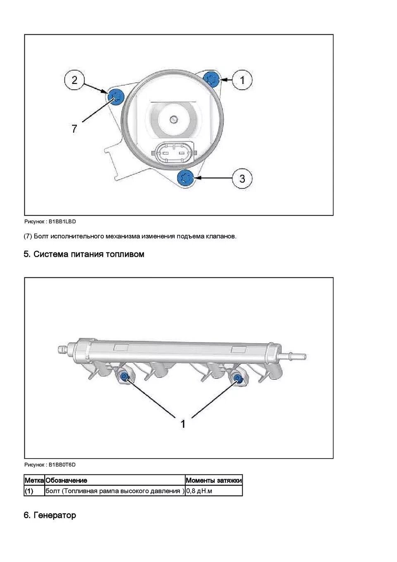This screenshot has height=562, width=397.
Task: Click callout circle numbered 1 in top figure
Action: pyautogui.click(x=242, y=80)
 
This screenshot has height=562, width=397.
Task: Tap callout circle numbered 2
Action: pyautogui.click(x=74, y=80)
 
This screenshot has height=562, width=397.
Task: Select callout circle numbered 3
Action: pyautogui.click(x=242, y=178)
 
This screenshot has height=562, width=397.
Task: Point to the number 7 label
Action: pyautogui.click(x=74, y=129)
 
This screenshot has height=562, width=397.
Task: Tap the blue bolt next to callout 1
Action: pyautogui.click(x=212, y=79)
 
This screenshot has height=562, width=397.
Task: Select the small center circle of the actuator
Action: pyautogui.click(x=173, y=119)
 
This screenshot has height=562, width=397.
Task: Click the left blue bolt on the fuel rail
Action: pyautogui.click(x=124, y=377)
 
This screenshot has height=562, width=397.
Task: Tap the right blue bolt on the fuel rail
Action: pyautogui.click(x=238, y=378)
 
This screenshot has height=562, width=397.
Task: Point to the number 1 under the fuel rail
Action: pyautogui.click(x=183, y=424)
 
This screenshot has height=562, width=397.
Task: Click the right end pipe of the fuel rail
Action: pyautogui.click(x=295, y=355)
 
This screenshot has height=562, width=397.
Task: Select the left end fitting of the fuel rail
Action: pyautogui.click(x=62, y=349)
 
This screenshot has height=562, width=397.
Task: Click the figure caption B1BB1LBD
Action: pyautogui.click(x=50, y=222)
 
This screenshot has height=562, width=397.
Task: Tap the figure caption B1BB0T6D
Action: pyautogui.click(x=50, y=464)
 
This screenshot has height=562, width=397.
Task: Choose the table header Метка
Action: pyautogui.click(x=34, y=480)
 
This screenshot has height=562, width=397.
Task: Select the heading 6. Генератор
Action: pyautogui.click(x=50, y=515)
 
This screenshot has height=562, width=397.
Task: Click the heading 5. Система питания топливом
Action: pyautogui.click(x=84, y=254)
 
